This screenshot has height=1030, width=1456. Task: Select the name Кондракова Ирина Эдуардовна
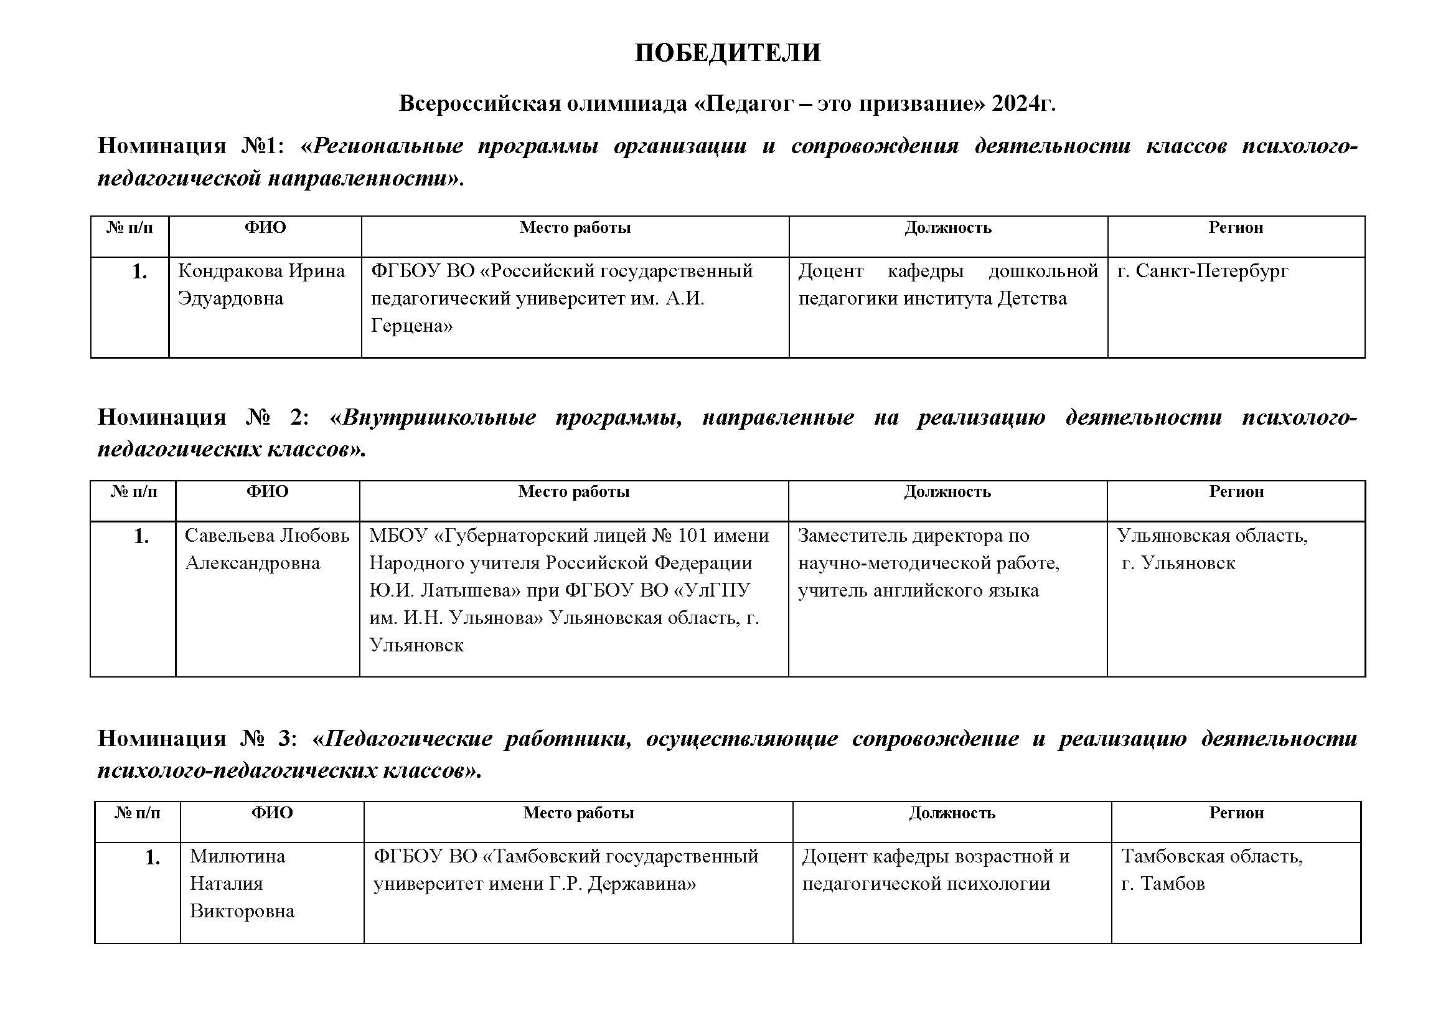pyautogui.click(x=261, y=284)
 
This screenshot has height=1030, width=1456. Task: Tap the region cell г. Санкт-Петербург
pyautogui.click(x=1203, y=271)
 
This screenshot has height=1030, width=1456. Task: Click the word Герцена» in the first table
pyautogui.click(x=411, y=326)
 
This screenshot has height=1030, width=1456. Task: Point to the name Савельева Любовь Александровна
pyautogui.click(x=266, y=549)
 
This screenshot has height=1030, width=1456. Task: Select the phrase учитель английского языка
pyautogui.click(x=918, y=590)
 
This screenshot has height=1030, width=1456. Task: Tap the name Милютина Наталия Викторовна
pyautogui.click(x=242, y=884)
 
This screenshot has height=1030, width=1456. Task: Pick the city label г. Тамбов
pyautogui.click(x=1162, y=884)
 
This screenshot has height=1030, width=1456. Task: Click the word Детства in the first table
pyautogui.click(x=1031, y=298)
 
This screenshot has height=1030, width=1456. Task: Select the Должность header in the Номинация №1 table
pyautogui.click(x=947, y=228)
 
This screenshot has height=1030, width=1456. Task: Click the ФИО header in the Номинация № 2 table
pyautogui.click(x=267, y=491)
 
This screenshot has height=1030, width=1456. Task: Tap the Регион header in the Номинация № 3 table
pyautogui.click(x=1236, y=813)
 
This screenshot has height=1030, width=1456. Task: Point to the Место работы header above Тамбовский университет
pyautogui.click(x=578, y=813)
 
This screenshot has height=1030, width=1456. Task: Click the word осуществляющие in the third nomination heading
pyautogui.click(x=741, y=739)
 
